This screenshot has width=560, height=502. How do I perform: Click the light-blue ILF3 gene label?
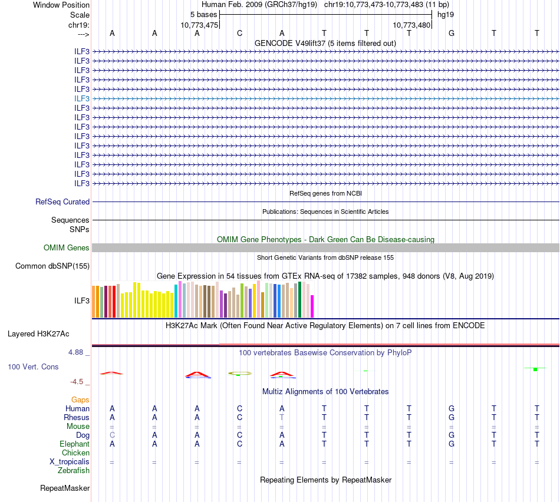coord(82,98)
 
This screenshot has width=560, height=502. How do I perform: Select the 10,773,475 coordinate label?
coord(199,25)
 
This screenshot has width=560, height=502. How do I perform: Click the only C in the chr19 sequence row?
coord(239,33)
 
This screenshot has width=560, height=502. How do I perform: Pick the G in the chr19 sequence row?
coord(452,33)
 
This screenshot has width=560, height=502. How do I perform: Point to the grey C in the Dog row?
coord(112,435)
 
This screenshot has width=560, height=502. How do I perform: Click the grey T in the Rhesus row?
coord(282,417)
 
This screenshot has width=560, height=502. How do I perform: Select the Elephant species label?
coord(74,444)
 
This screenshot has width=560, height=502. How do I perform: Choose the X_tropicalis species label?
coord(70,461)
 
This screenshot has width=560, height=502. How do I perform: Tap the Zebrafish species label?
coord(74,470)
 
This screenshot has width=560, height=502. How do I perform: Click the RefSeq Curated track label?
coord(62,202)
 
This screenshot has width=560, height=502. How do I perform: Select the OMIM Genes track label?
coord(67,247)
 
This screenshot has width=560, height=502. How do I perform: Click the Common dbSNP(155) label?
coord(52,266)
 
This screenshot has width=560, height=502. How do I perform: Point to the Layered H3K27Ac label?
coord(38,333)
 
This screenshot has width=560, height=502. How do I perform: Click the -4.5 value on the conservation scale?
coord(78,381)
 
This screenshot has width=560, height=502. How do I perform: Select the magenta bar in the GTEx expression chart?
coord(312,306)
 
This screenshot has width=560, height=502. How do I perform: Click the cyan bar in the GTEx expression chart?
coord(176,300)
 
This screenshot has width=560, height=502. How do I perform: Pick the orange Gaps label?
coord(81,399)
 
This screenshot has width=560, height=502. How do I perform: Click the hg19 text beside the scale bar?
coord(445,14)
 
